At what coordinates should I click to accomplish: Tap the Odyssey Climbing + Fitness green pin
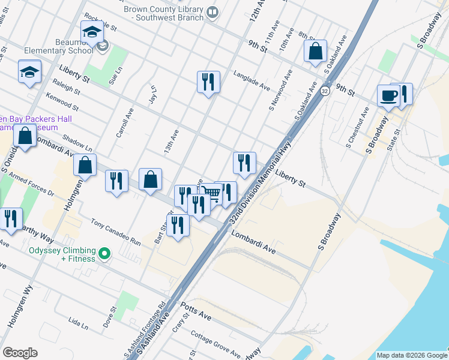point(104,254)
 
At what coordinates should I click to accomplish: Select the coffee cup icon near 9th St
point(388,95)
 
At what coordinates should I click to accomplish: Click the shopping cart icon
point(211,193)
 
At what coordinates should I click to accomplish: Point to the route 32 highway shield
point(325,91)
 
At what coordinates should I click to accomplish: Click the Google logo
point(20,353)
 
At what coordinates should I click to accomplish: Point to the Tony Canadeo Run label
point(115,232)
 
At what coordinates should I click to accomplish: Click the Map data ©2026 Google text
point(411,355)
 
